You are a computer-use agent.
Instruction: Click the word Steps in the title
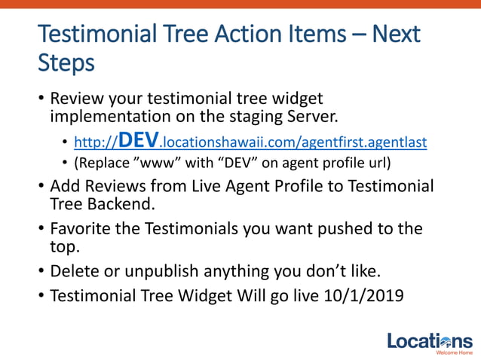[x=66, y=63]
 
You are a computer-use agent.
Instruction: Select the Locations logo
[x=430, y=341]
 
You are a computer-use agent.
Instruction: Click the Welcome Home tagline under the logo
[x=455, y=352]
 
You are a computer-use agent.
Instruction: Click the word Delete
[x=74, y=271]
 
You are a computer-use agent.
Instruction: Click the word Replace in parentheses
[x=103, y=163]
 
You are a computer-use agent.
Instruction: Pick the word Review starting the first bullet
[x=75, y=99]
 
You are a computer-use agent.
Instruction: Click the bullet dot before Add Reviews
[x=40, y=186]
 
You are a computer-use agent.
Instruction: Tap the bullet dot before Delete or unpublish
[x=40, y=271]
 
